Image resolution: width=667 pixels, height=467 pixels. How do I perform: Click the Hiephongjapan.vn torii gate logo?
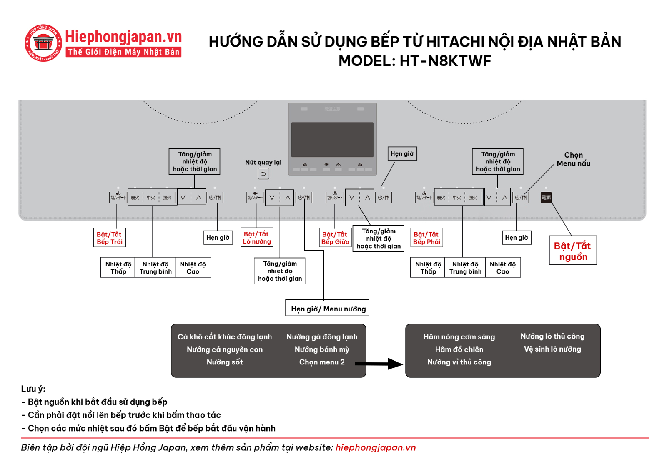(43, 43)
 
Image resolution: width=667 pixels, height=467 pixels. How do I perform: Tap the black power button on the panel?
(546, 197)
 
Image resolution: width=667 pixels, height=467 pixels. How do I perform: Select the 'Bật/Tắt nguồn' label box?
(573, 251)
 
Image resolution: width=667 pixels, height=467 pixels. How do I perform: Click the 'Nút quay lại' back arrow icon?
(263, 173)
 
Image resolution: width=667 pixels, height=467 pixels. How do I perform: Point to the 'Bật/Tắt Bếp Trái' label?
(110, 238)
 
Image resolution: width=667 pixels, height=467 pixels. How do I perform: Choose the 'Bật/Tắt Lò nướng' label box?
(257, 238)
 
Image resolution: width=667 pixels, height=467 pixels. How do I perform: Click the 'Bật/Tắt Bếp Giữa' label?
(335, 238)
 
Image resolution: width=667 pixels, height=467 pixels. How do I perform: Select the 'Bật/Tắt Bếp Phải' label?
(426, 238)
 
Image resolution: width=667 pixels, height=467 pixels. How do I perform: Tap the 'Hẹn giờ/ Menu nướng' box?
(328, 309)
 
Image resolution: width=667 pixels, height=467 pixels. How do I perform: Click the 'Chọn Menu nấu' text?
(574, 159)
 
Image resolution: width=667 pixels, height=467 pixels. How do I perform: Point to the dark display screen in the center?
(332, 139)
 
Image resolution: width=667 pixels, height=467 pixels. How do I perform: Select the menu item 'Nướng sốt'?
(225, 362)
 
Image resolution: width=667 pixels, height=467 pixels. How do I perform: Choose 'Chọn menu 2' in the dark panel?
(322, 362)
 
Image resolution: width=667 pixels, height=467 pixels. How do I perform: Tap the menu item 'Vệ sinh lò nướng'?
(552, 349)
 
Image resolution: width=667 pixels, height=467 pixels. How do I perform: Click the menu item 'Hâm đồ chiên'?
(459, 350)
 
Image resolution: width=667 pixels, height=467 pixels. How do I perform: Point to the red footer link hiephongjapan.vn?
(376, 447)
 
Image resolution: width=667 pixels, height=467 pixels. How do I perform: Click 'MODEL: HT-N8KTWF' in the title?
(415, 61)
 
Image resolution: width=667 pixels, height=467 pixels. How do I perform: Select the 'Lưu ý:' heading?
(33, 389)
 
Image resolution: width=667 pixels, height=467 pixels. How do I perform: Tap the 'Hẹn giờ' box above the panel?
(402, 154)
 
